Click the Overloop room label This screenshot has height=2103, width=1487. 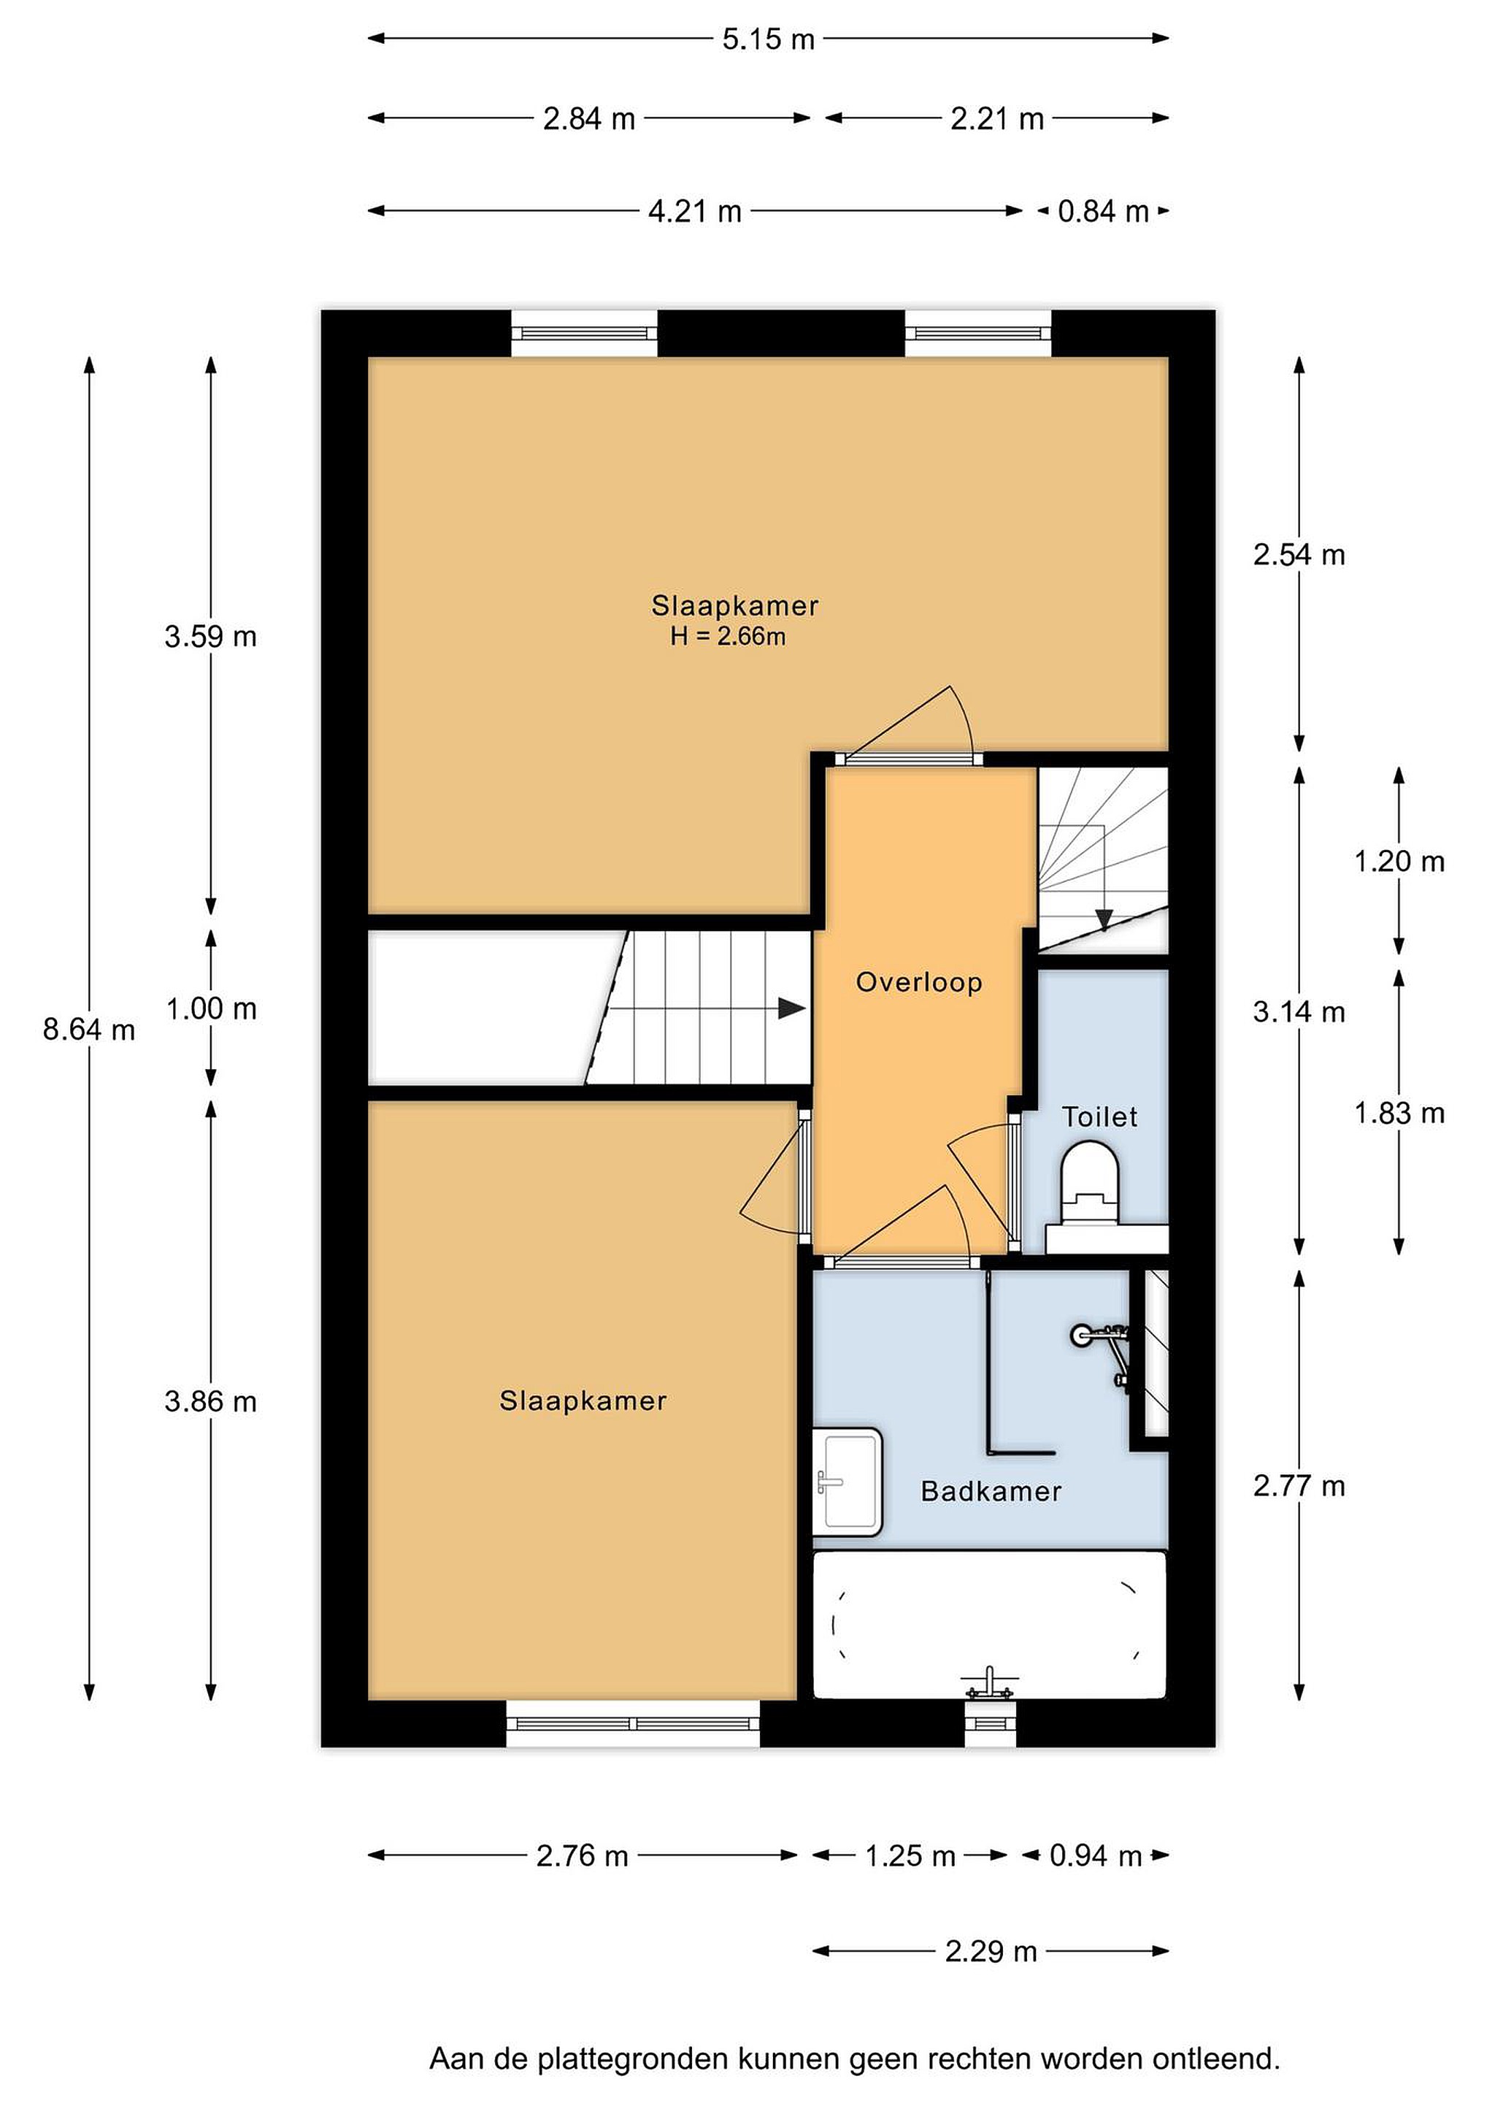coord(918,982)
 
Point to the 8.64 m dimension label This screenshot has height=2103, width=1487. coord(89,1030)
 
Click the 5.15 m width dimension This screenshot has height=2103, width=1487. coord(767,39)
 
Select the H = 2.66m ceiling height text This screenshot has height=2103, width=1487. coord(728,636)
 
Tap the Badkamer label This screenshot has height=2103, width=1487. coord(991,1491)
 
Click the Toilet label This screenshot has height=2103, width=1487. coord(1099,1116)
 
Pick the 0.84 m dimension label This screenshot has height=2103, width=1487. coord(1102,212)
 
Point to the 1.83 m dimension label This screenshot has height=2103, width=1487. coord(1399,1113)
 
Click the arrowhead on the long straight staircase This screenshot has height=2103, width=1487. coord(791,1008)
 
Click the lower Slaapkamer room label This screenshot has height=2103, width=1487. coord(583,1401)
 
